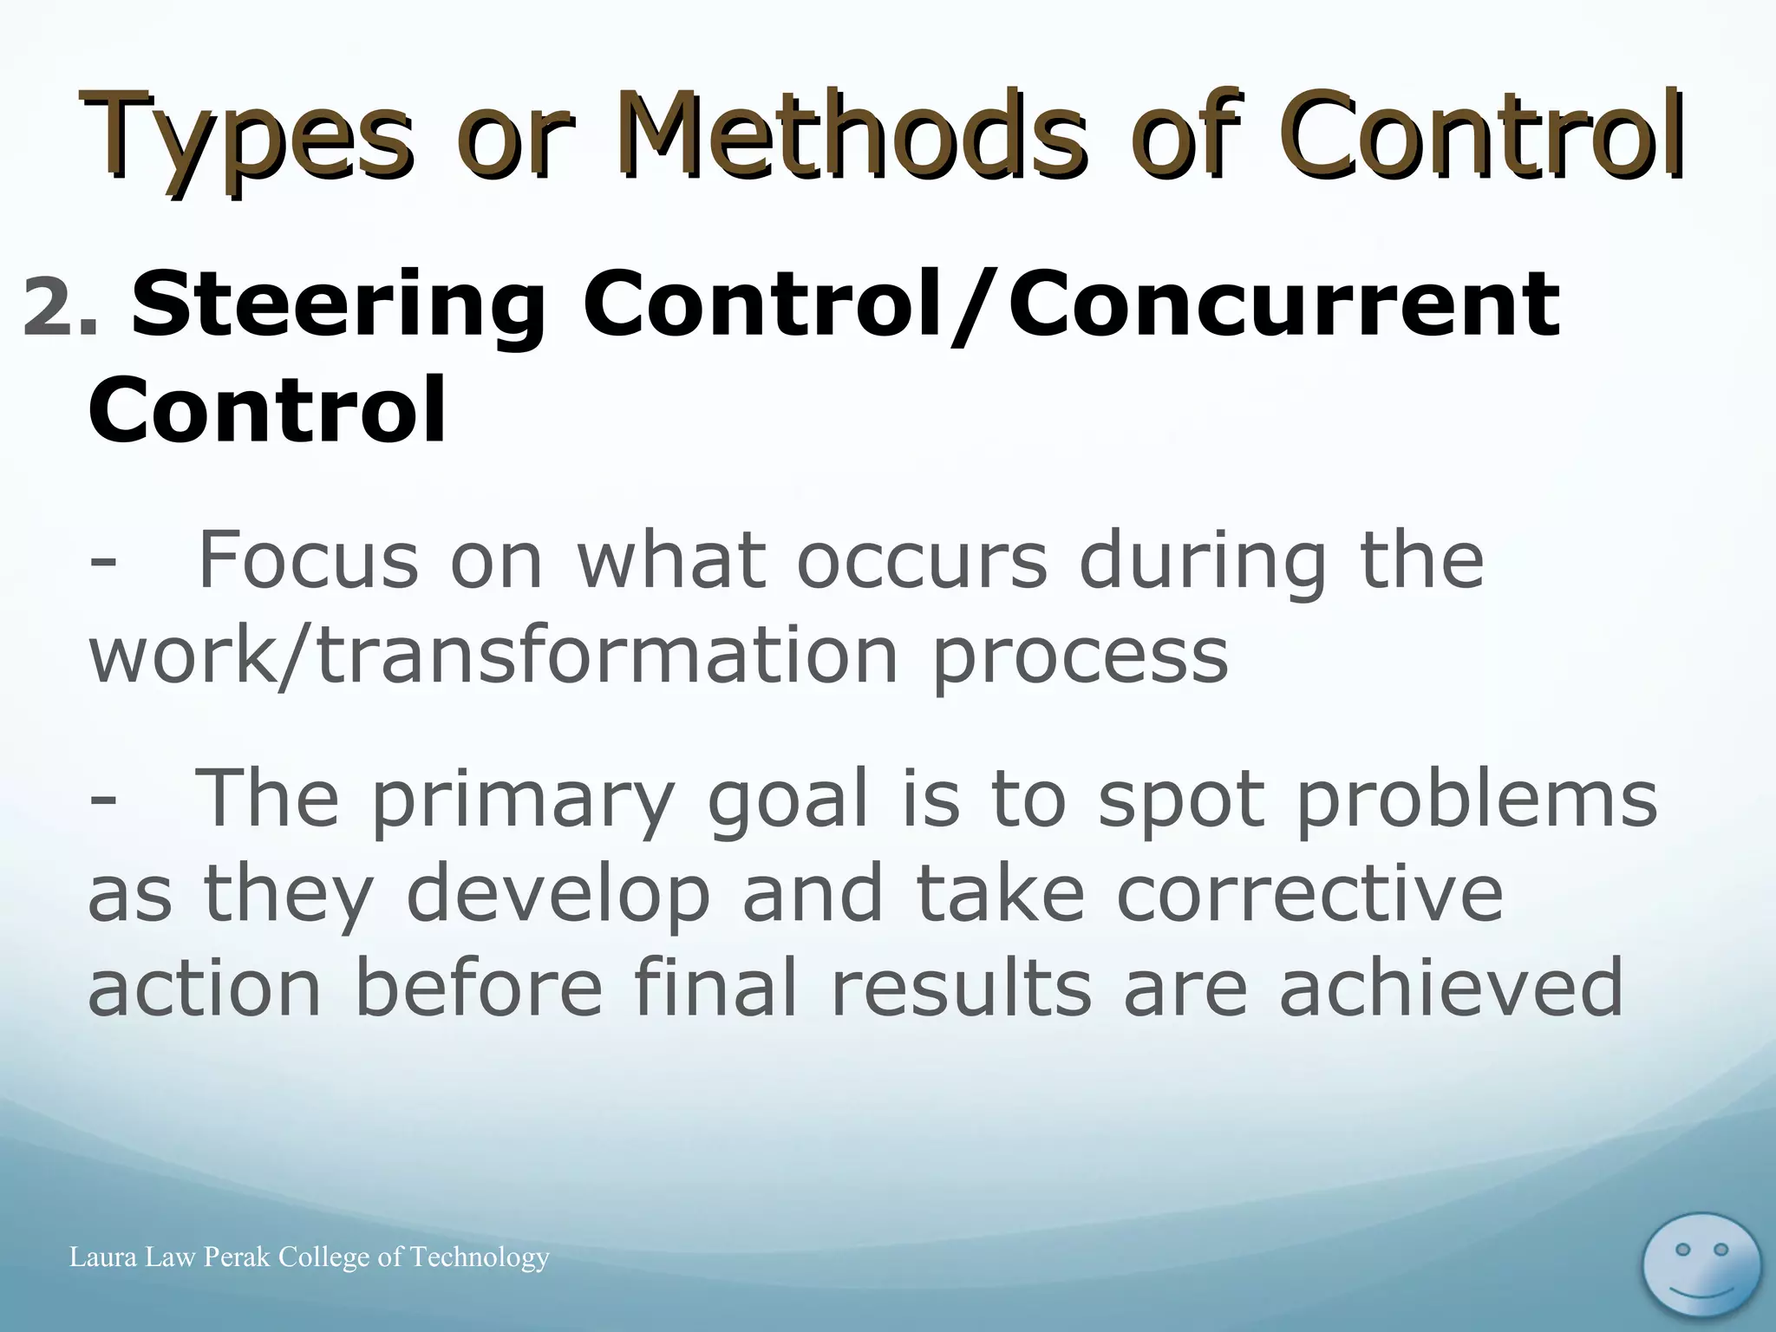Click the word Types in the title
(247, 139)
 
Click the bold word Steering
(338, 308)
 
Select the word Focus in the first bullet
(309, 561)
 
